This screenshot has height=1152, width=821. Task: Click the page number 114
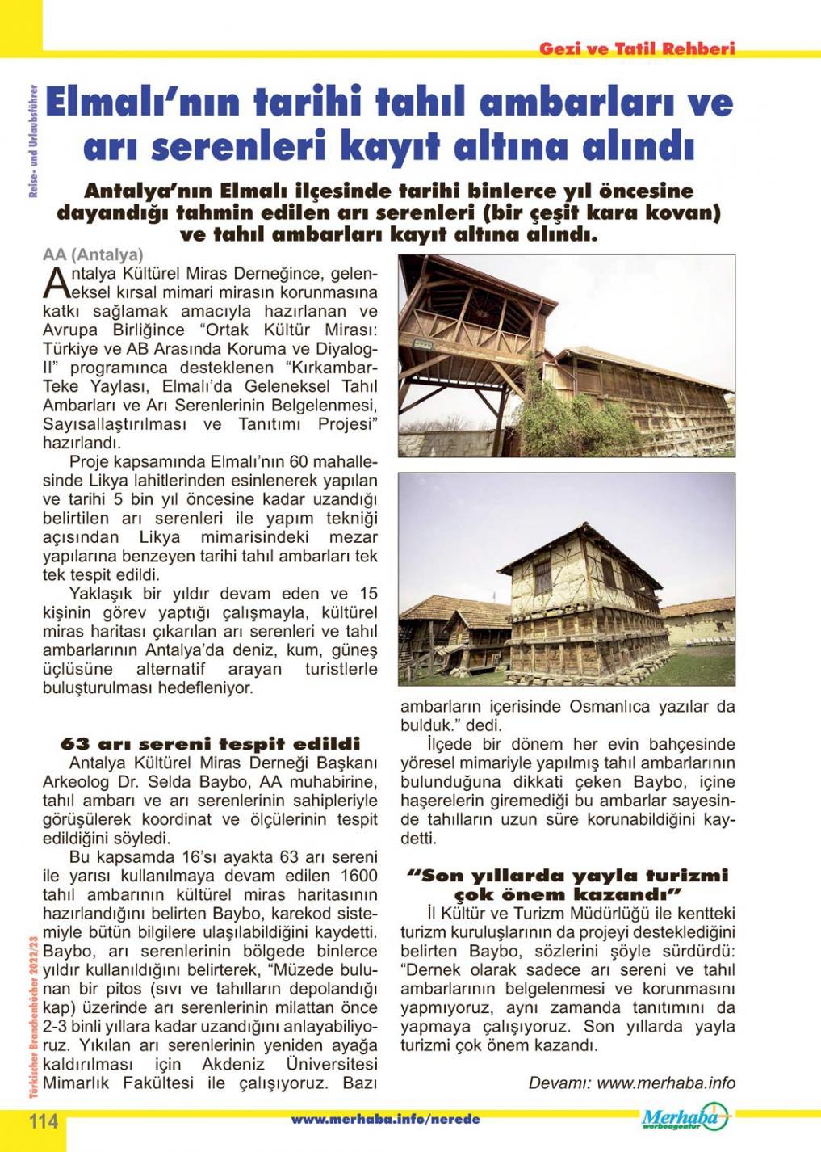click(44, 1121)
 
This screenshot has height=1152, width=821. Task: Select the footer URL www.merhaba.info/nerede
click(385, 1120)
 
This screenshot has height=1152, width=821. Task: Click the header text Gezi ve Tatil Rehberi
click(637, 48)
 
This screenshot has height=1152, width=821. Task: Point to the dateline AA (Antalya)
click(93, 255)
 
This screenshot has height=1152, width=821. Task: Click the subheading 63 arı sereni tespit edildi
click(211, 743)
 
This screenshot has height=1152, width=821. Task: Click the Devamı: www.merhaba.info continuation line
click(631, 1083)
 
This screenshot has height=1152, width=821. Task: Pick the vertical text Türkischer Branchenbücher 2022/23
click(31, 1021)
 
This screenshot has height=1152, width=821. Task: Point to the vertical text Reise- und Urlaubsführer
click(31, 141)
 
